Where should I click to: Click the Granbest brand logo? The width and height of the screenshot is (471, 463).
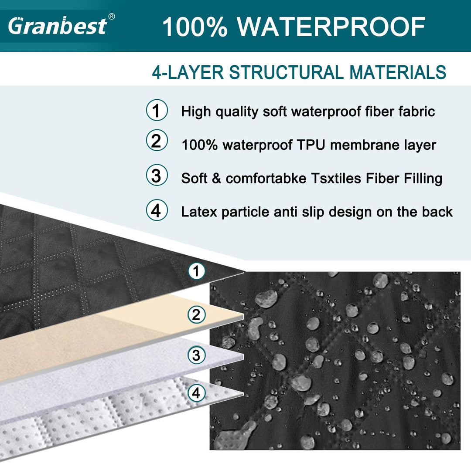58,26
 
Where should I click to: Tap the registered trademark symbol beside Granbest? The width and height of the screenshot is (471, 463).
112,17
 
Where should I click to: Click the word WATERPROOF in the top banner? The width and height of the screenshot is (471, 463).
331,27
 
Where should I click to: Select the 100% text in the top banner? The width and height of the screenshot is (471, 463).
195,27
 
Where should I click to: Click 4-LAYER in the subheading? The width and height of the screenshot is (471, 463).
188,72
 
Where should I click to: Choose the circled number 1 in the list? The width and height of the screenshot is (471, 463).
157,110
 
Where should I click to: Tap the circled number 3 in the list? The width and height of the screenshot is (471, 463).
157,175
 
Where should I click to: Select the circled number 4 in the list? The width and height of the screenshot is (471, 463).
157,210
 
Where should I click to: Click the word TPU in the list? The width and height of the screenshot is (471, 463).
311,145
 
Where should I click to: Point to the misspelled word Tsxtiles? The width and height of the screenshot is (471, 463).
336,178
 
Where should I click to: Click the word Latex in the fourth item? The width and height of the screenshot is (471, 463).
199,212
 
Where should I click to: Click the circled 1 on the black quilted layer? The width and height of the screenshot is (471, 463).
196,271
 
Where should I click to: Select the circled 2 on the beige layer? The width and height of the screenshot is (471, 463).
196,314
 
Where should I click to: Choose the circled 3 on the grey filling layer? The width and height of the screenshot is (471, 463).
196,355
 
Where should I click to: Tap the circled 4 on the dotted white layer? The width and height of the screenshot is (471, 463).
196,393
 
